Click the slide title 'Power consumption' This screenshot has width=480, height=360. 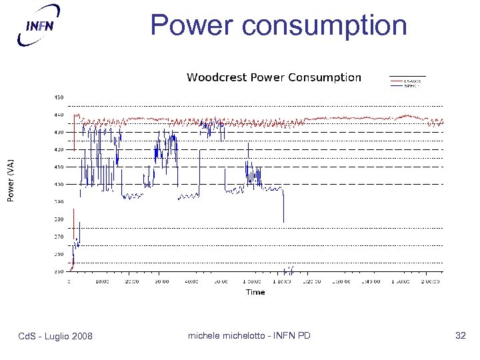(278, 25)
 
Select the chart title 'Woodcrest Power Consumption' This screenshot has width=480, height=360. (273, 77)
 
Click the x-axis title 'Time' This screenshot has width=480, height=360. (255, 292)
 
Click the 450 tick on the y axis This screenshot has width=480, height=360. (59, 97)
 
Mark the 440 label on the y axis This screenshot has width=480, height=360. (59, 115)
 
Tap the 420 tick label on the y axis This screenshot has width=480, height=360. (59, 149)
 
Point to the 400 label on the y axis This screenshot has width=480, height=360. (59, 185)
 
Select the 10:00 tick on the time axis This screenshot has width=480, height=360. (103, 281)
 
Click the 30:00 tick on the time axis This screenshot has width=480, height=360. (162, 281)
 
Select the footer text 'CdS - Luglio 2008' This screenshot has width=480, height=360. (55, 335)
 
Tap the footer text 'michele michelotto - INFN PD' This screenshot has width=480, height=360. (249, 335)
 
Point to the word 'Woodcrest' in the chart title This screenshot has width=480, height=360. (216, 77)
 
